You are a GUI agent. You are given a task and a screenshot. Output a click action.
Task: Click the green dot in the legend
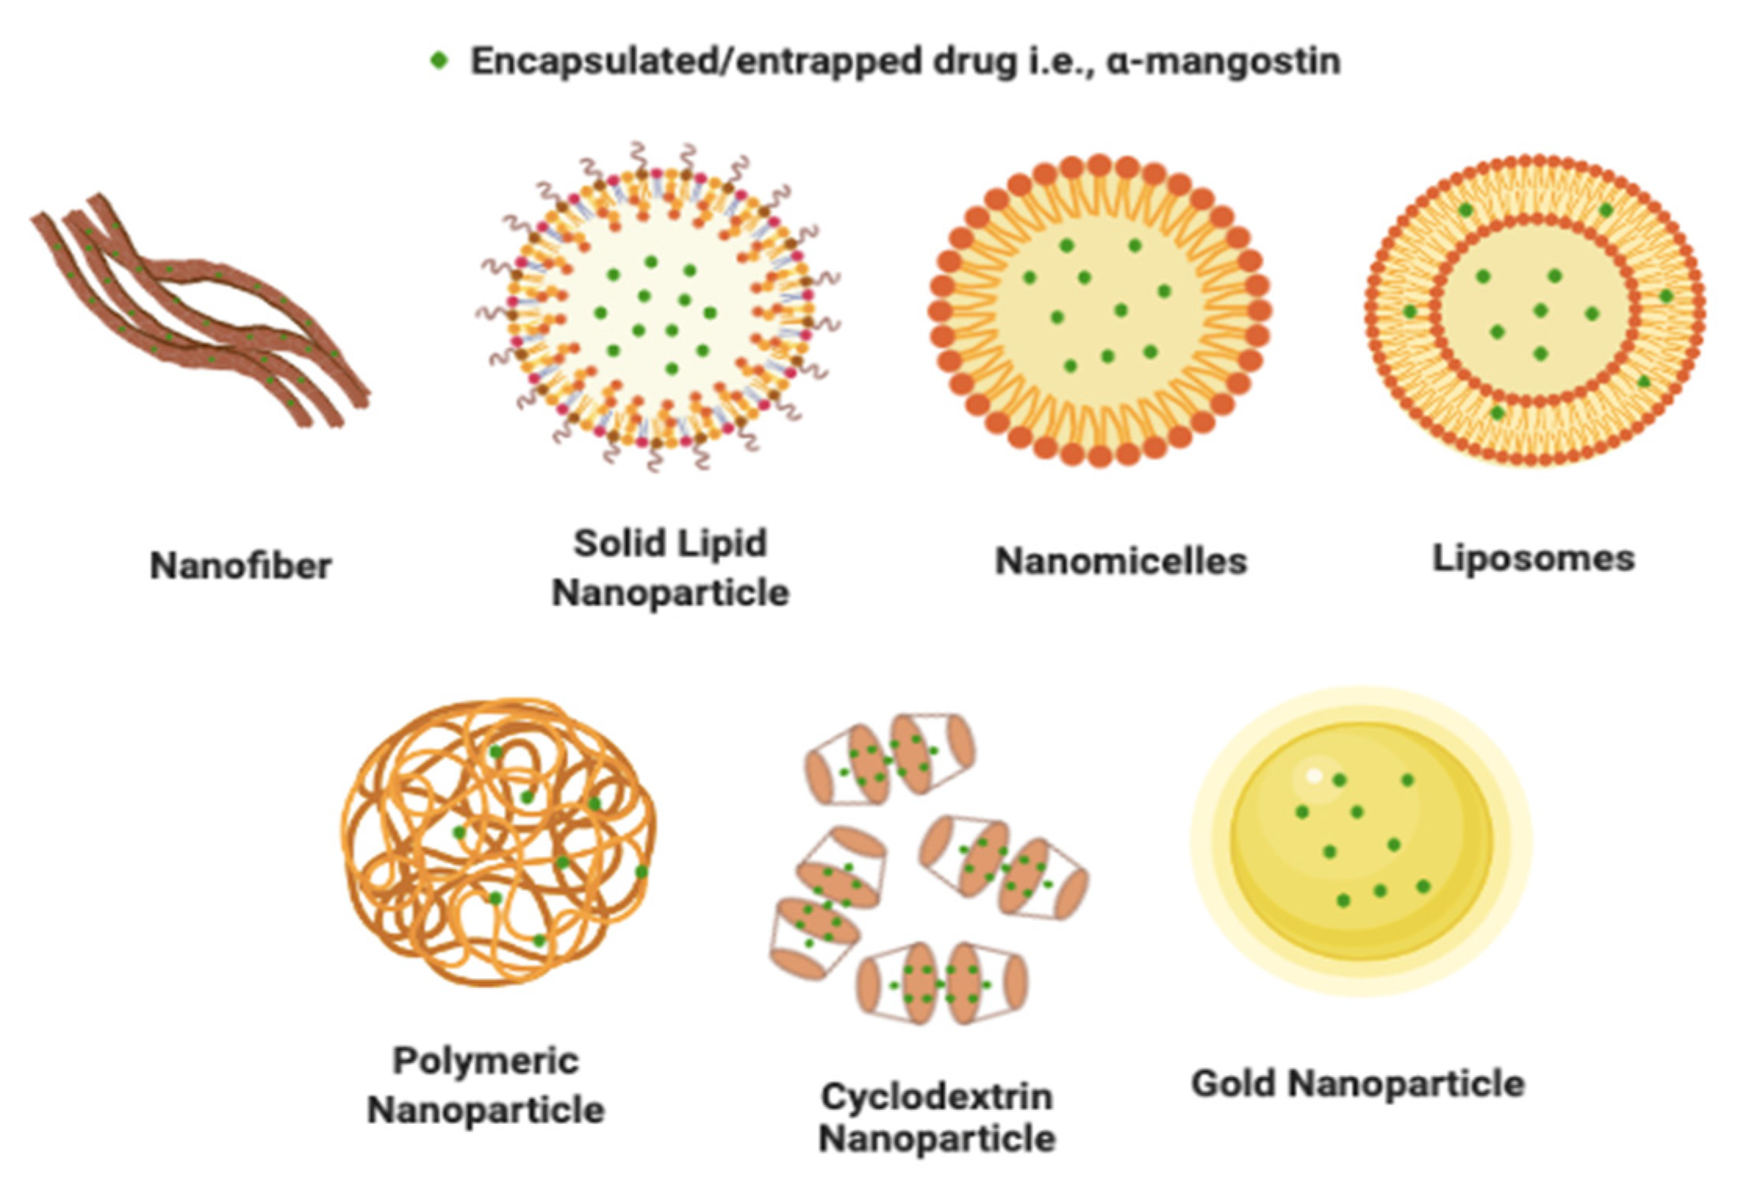440,60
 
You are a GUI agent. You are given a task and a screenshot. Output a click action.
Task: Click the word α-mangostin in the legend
1223,61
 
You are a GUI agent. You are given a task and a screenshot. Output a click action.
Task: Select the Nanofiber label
241,565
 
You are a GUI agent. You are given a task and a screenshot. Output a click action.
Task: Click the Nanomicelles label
1120,560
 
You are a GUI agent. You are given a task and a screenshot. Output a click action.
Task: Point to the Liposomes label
1533,558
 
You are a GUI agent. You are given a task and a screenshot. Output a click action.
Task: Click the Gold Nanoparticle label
1358,1083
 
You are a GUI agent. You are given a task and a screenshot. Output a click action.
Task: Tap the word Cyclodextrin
936,1097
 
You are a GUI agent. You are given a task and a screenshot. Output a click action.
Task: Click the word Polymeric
486,1061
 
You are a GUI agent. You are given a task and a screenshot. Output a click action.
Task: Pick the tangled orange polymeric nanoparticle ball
498,842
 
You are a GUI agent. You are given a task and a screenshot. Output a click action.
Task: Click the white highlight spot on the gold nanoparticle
1314,776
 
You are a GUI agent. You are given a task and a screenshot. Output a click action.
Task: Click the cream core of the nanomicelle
1099,313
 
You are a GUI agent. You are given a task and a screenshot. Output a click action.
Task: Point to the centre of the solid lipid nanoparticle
655,313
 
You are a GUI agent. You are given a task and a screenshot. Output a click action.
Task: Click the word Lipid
724,543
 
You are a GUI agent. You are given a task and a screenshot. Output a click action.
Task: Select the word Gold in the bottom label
1234,1083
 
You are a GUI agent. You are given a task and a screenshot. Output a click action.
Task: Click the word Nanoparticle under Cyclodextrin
936,1138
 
